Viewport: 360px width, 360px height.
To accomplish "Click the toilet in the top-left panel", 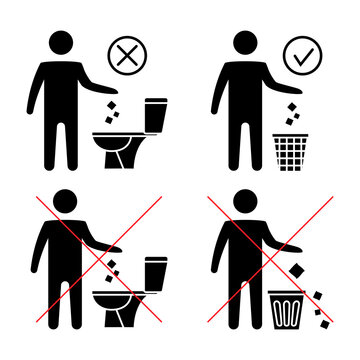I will click(x=141, y=135).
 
